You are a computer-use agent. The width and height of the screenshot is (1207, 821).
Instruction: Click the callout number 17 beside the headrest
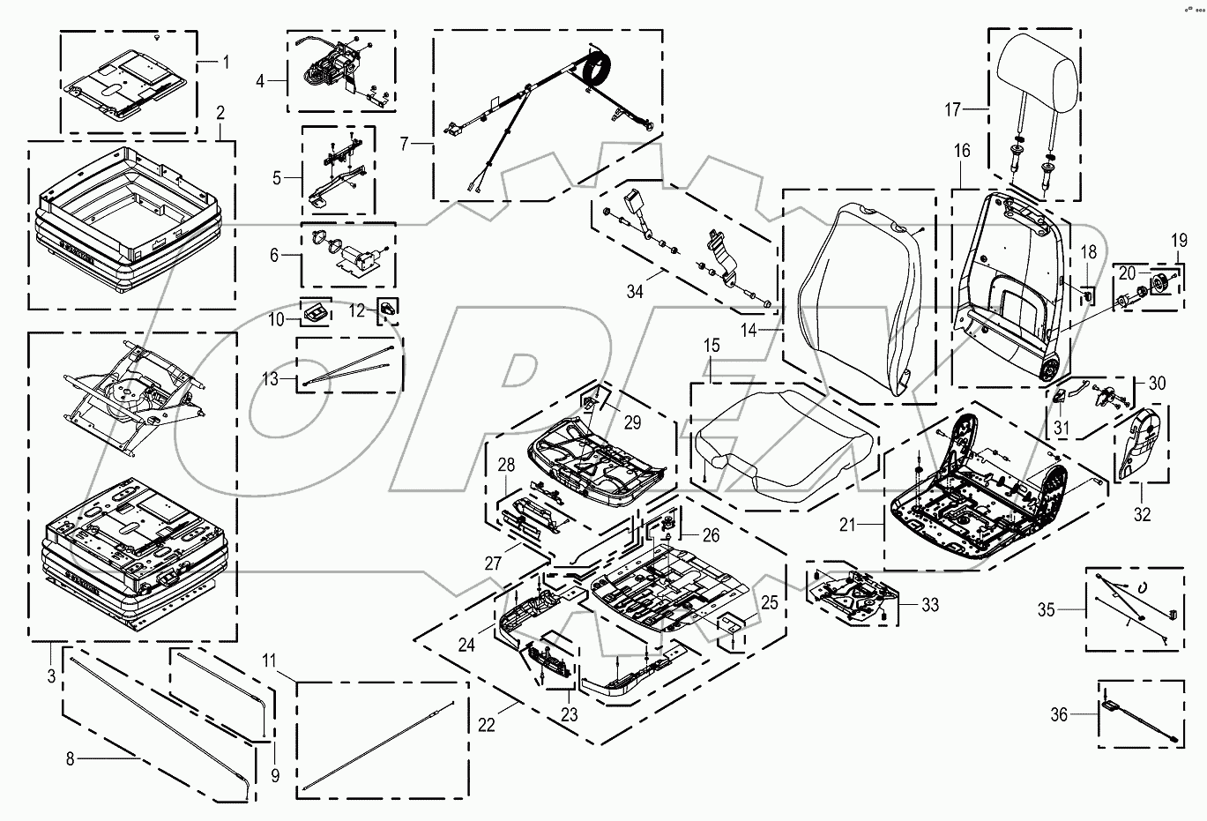[x=952, y=110]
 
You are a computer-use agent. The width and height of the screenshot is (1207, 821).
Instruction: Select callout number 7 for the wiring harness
[x=405, y=143]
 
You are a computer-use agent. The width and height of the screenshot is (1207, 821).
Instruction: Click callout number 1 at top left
[x=226, y=63]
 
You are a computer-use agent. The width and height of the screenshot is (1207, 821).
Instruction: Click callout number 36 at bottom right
[x=1059, y=715]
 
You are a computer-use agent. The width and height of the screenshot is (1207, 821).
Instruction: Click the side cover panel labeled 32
[x=1143, y=446]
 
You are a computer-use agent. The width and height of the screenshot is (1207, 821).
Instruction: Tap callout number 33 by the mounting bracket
[x=929, y=605]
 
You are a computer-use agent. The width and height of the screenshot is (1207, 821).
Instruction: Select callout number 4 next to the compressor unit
[x=260, y=81]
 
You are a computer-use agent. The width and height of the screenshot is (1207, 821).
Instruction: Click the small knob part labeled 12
[x=390, y=307]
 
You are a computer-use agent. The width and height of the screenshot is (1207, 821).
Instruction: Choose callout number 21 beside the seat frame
[x=847, y=526]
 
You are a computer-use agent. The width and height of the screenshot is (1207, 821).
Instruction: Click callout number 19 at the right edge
[x=1179, y=240]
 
